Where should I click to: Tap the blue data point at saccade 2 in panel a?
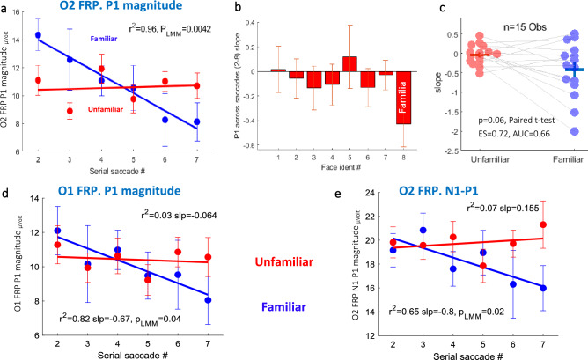[37, 35]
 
